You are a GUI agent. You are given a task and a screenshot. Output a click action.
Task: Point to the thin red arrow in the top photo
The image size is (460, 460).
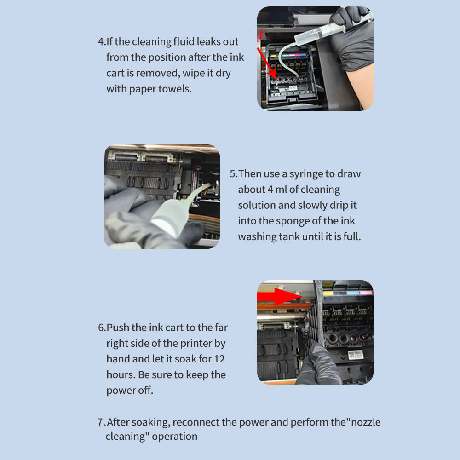(267, 63)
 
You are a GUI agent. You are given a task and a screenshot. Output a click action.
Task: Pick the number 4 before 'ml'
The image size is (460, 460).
(270, 190)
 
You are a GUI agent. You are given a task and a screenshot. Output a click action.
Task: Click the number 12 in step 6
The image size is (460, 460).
(219, 359)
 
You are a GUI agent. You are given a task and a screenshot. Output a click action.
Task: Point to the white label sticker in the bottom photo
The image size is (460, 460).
(356, 355)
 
